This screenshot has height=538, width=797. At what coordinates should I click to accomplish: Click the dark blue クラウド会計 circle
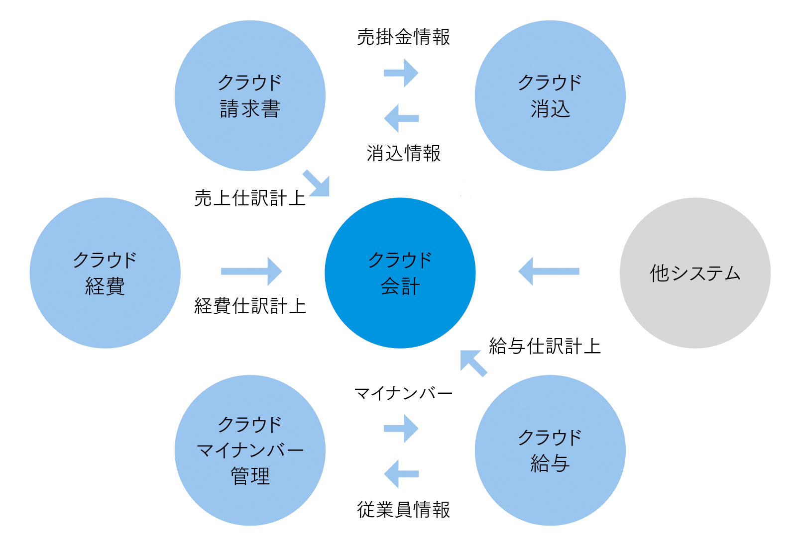point(400,273)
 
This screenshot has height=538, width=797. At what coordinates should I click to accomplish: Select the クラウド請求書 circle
point(250,95)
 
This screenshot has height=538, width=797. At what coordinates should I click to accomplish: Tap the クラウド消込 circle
point(550,95)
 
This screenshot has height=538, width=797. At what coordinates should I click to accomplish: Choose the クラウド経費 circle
point(105,273)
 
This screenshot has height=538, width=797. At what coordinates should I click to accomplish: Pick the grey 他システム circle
point(695,273)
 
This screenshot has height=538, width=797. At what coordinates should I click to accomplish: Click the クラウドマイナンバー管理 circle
point(250,450)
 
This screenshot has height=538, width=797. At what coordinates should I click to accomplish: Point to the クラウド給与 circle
point(550,450)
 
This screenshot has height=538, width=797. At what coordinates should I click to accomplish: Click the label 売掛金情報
point(404,37)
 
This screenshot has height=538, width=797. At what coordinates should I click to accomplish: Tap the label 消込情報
point(404,154)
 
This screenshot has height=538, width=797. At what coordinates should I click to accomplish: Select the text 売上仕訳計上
point(250,198)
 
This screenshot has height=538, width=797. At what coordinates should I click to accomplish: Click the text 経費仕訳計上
point(250,306)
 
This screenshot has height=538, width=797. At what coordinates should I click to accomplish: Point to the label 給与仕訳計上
point(545,346)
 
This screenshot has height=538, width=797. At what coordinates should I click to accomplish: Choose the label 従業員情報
point(404,510)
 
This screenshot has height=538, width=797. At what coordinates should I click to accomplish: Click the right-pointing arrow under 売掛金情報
point(401,73)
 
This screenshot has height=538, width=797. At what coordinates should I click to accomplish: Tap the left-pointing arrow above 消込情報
point(401,118)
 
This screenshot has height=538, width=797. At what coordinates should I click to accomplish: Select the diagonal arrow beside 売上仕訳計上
point(317,183)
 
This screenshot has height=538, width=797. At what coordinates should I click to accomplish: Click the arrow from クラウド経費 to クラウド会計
point(251,271)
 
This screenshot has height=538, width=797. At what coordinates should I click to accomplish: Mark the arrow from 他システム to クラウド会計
point(549,271)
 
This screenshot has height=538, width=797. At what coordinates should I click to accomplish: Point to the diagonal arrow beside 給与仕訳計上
point(473,363)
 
